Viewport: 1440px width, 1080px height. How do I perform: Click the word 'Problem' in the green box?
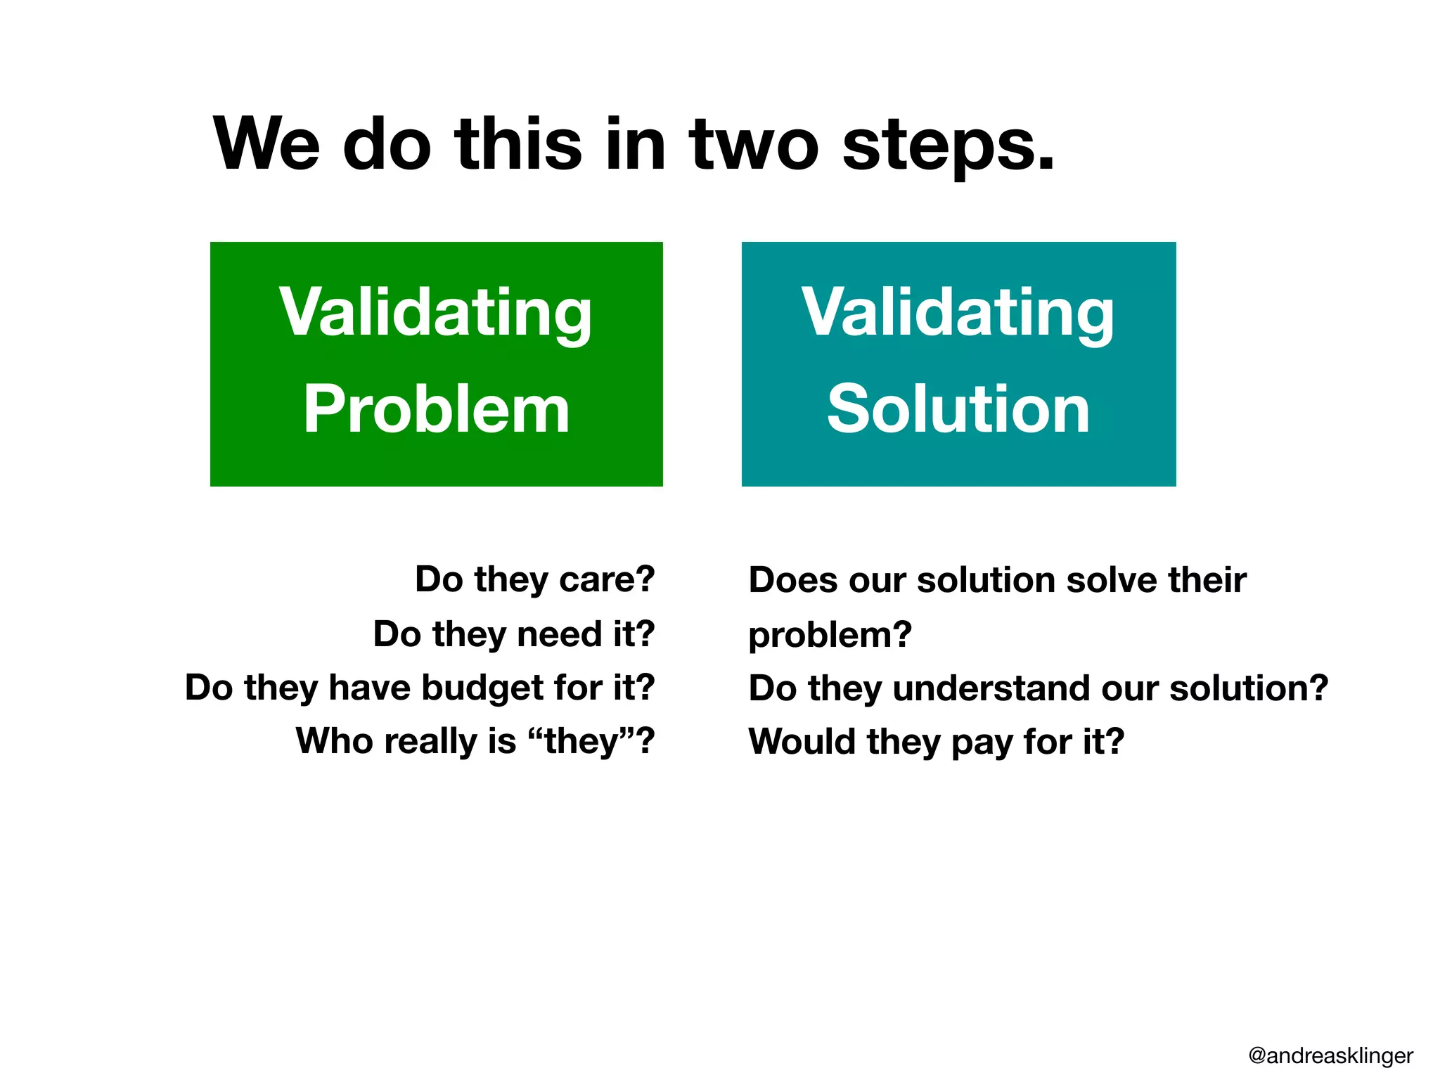436,410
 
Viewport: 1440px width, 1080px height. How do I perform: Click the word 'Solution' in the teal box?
958,410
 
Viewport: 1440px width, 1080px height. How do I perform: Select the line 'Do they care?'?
534,580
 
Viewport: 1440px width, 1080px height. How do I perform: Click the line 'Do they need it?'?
514,634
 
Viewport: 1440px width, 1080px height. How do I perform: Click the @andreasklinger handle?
1330,1055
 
